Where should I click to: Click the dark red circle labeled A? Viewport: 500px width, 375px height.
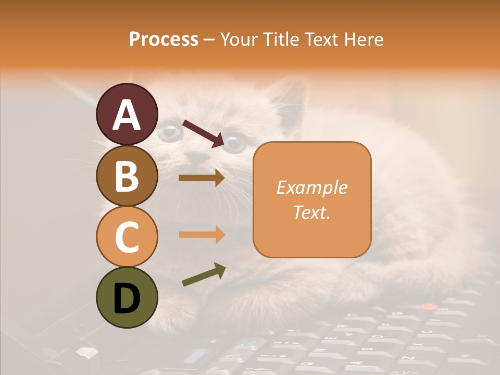pos(127,114)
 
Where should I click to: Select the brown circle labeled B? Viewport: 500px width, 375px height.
pos(127,176)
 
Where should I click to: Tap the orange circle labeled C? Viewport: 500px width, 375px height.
pos(127,236)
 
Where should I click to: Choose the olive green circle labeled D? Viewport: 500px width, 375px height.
pos(127,297)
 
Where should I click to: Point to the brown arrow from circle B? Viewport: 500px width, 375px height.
pos(201,178)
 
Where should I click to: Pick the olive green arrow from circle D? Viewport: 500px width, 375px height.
pos(204,274)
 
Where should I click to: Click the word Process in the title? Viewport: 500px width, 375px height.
pos(164,40)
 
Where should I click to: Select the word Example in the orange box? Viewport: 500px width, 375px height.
pos(311,187)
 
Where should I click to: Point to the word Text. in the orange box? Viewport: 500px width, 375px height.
pos(311,212)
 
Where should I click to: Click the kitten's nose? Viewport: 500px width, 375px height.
pos(196,157)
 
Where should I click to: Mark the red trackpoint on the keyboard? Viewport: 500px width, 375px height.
pos(428,307)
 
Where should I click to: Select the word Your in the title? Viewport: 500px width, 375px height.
pos(238,40)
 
